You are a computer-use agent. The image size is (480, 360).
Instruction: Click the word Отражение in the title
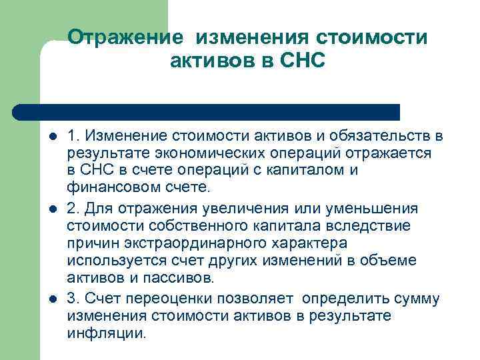point(127,38)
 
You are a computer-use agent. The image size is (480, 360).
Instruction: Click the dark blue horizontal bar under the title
point(207,112)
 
